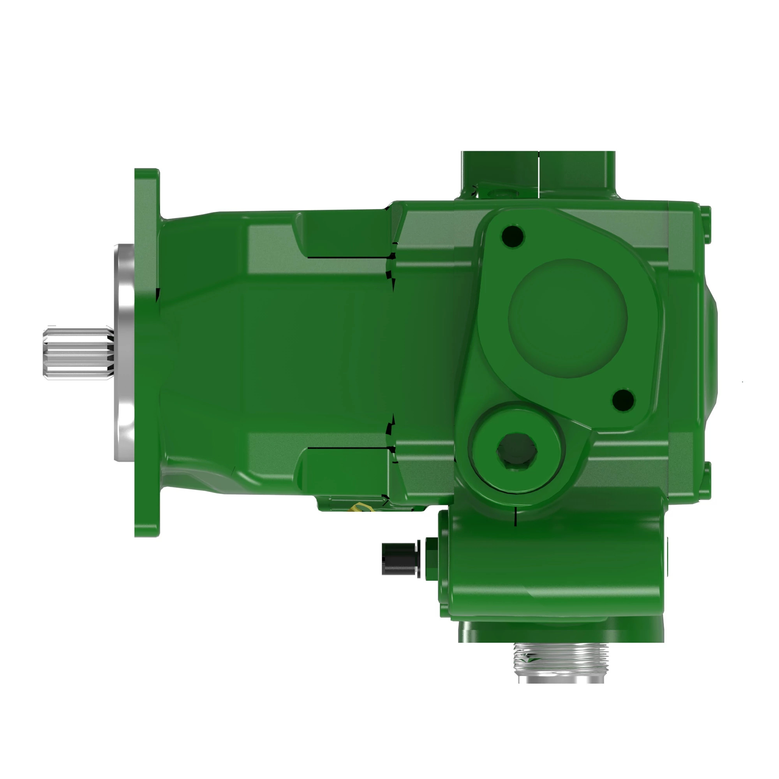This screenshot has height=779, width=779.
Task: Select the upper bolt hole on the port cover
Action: (513, 234)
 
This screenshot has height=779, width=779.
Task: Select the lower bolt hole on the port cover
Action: (623, 400)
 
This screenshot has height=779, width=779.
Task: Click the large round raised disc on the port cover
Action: (568, 319)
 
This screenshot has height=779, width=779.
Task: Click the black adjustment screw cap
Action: (399, 559)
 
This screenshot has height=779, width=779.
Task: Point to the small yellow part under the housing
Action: (359, 507)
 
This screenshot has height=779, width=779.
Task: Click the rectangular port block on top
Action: (538, 173)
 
